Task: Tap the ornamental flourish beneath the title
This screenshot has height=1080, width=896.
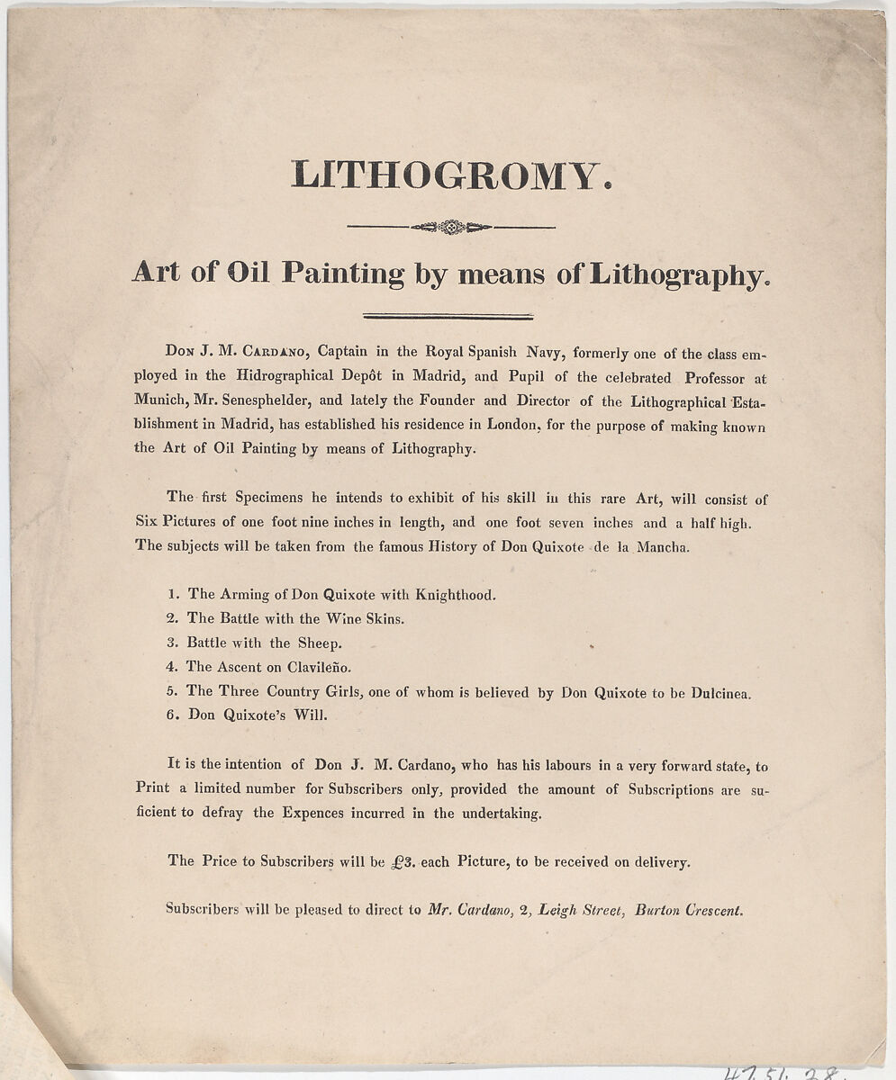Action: tap(450, 227)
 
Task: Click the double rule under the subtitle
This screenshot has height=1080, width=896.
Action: tap(448, 316)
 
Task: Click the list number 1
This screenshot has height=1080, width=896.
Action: tap(171, 594)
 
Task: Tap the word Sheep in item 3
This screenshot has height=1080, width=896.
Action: tap(320, 643)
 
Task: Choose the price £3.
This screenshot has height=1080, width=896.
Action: tap(403, 861)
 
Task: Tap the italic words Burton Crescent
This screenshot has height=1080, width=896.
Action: tap(690, 910)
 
